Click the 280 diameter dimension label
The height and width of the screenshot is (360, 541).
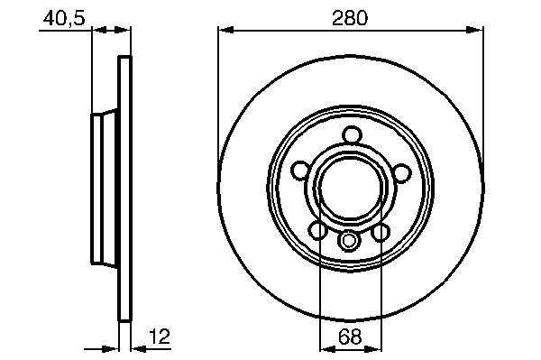[x=350, y=18]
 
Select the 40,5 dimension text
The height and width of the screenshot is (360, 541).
[x=64, y=18]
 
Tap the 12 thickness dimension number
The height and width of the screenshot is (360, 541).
[x=160, y=336]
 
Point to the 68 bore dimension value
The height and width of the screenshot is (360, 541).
[x=350, y=337]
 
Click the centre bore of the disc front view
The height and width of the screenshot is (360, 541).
[x=351, y=189]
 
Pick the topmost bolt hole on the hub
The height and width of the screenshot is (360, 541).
[x=353, y=134]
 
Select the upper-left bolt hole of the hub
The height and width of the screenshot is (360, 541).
[x=301, y=171]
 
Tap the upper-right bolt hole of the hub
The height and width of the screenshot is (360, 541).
[x=402, y=172]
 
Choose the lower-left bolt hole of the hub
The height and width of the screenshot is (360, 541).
[x=317, y=231]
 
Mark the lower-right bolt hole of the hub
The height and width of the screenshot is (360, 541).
[x=381, y=232]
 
